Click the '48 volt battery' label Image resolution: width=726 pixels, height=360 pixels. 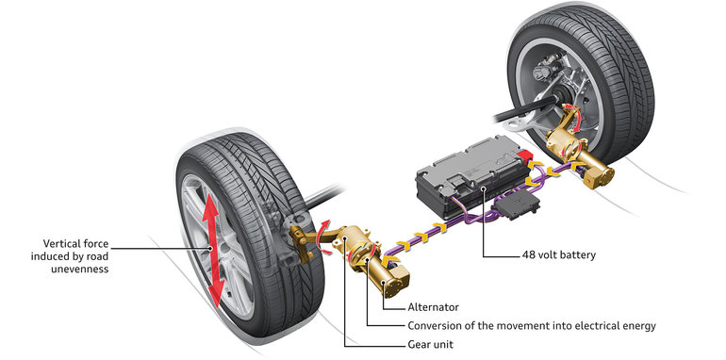pyautogui.click(x=558, y=254)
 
